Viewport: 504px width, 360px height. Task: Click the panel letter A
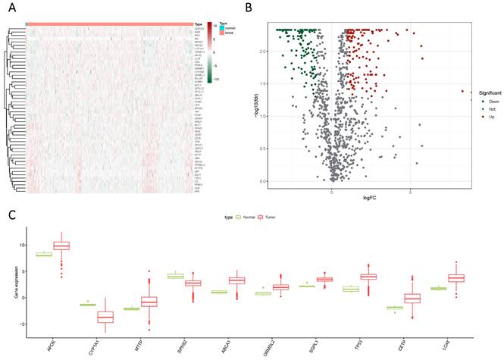[8, 8]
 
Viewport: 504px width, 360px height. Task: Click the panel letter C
[8, 214]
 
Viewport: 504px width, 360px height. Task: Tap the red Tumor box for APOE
[61, 246]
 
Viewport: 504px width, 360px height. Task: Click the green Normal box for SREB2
[176, 276]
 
